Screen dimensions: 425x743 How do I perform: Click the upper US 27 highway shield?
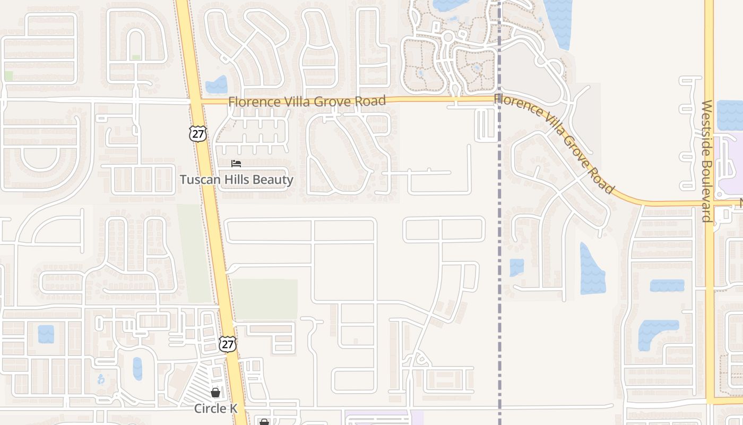pyautogui.click(x=197, y=133)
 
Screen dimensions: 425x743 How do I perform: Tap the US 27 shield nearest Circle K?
pyautogui.click(x=227, y=344)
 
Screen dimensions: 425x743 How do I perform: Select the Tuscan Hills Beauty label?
pyautogui.click(x=236, y=180)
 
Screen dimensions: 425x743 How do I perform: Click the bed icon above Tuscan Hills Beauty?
pyautogui.click(x=236, y=164)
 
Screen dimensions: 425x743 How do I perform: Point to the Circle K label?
pyautogui.click(x=215, y=409)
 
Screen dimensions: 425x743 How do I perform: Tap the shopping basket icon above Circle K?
pyautogui.click(x=215, y=393)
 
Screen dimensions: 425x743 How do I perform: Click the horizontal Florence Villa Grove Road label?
pyautogui.click(x=307, y=101)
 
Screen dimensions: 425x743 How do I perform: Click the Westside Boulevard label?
pyautogui.click(x=706, y=160)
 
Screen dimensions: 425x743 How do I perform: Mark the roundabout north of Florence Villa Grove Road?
pyautogui.click(x=447, y=37)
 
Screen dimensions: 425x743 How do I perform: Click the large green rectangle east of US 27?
pyautogui.click(x=264, y=299)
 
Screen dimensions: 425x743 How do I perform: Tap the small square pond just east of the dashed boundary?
pyautogui.click(x=516, y=267)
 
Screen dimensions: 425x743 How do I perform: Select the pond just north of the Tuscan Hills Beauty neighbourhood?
pyautogui.click(x=217, y=85)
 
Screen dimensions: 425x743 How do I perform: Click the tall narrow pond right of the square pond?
pyautogui.click(x=592, y=269)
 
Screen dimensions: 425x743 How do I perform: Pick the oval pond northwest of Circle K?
pyautogui.click(x=137, y=369)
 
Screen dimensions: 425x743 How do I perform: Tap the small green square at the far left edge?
pyautogui.click(x=8, y=75)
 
